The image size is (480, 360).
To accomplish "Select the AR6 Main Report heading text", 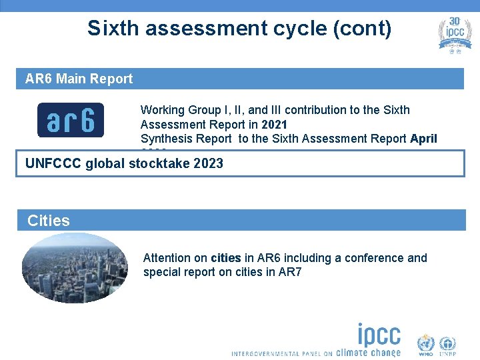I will (79, 79).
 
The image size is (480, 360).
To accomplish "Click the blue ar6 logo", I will (70, 120).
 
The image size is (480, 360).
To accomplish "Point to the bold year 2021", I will (274, 124).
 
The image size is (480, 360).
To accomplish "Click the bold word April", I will (423, 139).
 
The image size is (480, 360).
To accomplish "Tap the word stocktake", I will (157, 163).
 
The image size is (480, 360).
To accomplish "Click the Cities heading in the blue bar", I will (48, 221).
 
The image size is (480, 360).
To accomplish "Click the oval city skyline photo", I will (74, 268).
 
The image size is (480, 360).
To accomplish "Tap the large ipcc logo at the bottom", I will (379, 335).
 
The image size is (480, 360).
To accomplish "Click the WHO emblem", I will (425, 345).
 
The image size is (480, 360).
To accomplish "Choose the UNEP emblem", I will (447, 345).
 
